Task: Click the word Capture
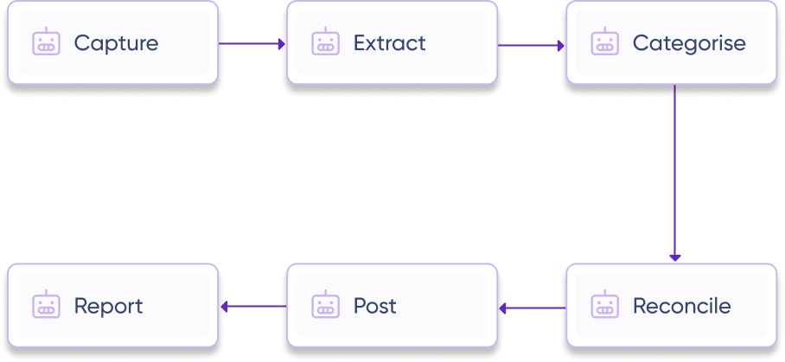(116, 42)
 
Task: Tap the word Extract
(389, 42)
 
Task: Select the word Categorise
(688, 42)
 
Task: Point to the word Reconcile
(681, 306)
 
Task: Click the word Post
(374, 306)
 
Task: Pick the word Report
(108, 306)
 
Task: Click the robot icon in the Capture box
(45, 41)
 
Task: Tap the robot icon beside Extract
(324, 41)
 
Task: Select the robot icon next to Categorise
(603, 41)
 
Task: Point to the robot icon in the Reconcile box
(603, 305)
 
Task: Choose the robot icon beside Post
(324, 305)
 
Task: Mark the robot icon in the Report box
(45, 305)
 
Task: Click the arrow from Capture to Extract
(252, 43)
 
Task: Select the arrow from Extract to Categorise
(531, 43)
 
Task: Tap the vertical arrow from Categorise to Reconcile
(675, 173)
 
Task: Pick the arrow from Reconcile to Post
(532, 307)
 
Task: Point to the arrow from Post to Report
(252, 307)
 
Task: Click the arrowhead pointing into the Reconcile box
(675, 257)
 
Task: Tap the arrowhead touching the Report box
(225, 307)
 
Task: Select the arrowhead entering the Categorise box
(560, 43)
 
